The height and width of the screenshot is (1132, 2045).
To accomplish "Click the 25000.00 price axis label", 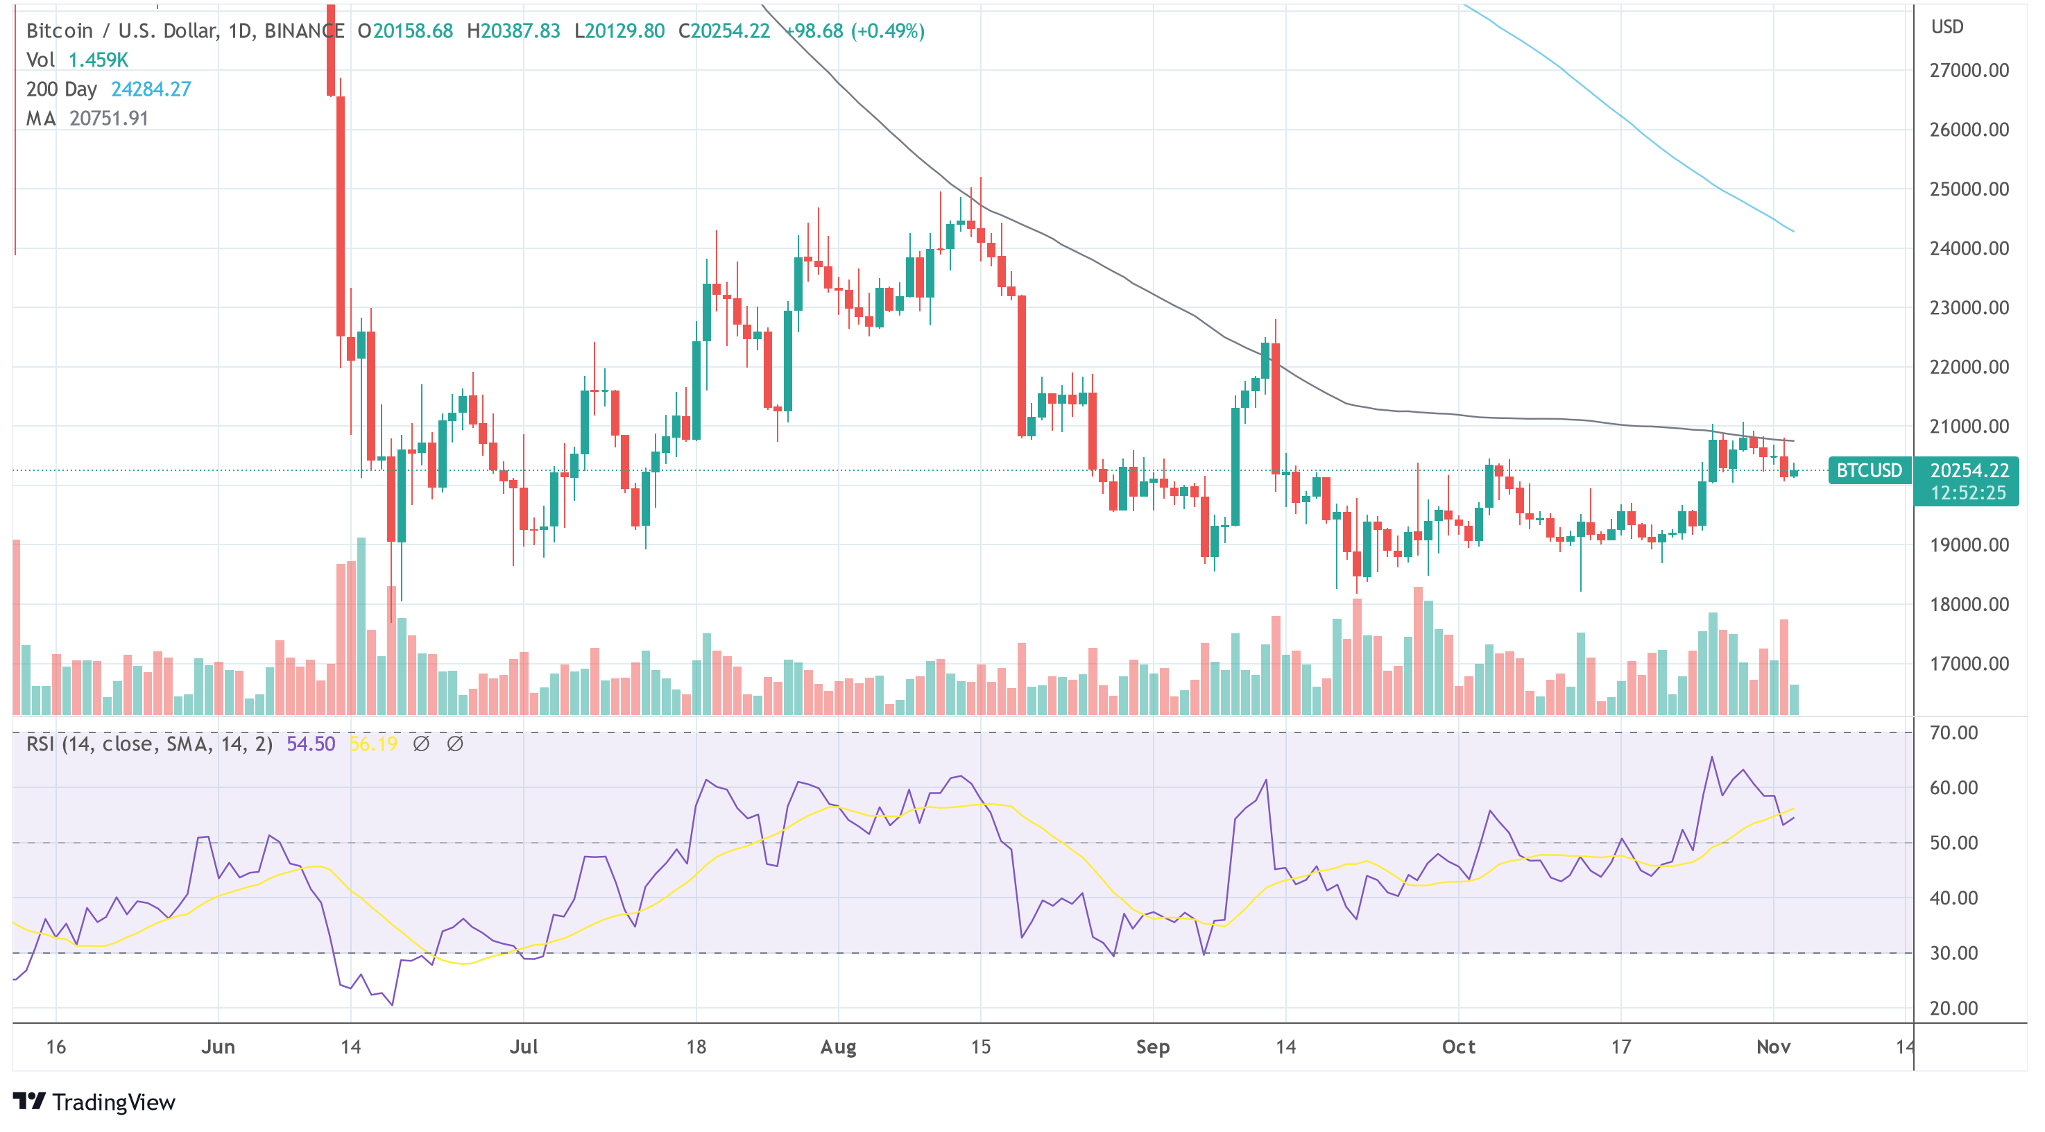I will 1969,189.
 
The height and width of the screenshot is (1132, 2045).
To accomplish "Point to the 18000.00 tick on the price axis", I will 1969,604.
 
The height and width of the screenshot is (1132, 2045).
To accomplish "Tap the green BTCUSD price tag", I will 1869,470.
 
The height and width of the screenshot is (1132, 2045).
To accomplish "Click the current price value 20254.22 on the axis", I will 1969,470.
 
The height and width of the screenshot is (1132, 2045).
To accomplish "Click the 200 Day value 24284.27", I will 151,89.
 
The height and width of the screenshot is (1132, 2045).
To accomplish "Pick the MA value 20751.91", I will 109,119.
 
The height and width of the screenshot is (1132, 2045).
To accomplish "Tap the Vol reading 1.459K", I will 98,60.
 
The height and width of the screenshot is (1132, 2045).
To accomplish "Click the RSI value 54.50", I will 310,744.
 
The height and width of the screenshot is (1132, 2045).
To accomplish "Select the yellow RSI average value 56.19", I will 373,744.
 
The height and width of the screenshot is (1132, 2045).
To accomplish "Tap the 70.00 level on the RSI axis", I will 1953,732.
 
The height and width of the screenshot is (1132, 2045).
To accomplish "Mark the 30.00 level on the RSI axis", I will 1953,952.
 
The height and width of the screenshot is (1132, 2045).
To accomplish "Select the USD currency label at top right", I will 1947,27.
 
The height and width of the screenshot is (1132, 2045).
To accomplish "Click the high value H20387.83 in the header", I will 513,31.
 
